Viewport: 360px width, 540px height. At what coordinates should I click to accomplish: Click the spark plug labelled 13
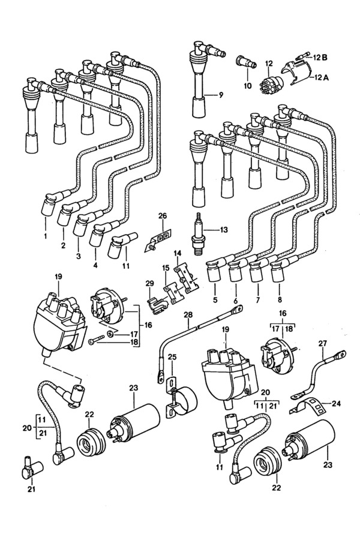click(x=199, y=234)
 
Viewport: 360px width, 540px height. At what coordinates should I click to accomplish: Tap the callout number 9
click(x=221, y=94)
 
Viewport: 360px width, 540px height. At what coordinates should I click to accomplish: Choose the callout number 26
click(x=163, y=216)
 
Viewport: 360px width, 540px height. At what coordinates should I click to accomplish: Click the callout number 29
click(x=149, y=283)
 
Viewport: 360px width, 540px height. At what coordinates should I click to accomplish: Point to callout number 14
click(x=178, y=254)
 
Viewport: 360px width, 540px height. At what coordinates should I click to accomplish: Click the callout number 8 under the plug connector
click(x=280, y=299)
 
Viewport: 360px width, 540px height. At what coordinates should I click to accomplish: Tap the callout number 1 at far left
click(x=46, y=236)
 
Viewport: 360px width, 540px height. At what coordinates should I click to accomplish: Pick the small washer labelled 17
click(x=110, y=334)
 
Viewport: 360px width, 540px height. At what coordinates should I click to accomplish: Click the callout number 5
click(x=215, y=299)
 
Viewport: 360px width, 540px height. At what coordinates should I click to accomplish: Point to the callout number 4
click(x=95, y=266)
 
